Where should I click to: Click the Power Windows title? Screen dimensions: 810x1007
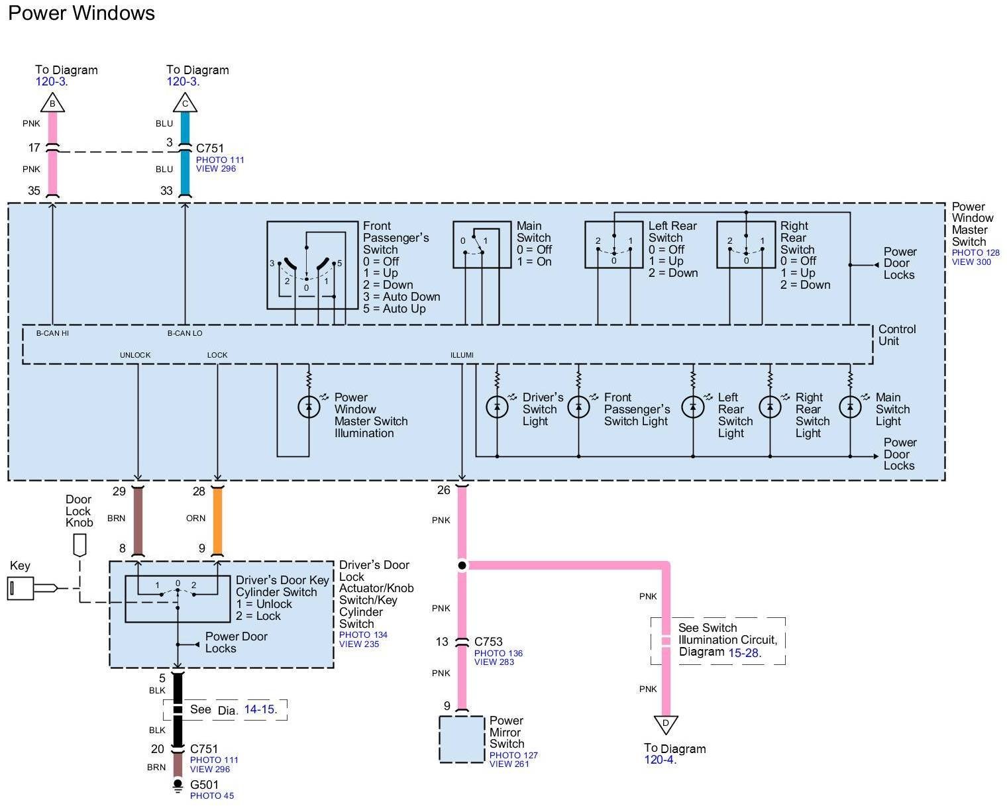tap(81, 13)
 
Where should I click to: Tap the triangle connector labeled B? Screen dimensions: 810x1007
tap(52, 103)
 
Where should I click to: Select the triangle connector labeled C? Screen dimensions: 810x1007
tap(185, 103)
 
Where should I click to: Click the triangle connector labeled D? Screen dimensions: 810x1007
tap(666, 724)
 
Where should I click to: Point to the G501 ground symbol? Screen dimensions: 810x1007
tap(178, 786)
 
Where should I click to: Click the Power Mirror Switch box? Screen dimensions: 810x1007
tap(462, 739)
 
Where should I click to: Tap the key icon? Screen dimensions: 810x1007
tap(21, 587)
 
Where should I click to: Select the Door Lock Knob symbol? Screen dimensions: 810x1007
tap(79, 546)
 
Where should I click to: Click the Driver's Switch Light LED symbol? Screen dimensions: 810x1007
tap(497, 407)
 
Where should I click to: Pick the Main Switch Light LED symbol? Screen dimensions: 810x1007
tap(850, 407)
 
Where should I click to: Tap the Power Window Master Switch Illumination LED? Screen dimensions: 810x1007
tap(309, 407)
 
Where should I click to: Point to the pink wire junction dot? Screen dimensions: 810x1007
tap(462, 565)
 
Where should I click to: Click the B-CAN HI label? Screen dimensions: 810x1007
tap(52, 333)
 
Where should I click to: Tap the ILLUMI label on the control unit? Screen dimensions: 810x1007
tap(462, 355)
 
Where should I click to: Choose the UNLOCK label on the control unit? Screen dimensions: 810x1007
tap(135, 355)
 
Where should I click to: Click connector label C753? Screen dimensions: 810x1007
tap(488, 642)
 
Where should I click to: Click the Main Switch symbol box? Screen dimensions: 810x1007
tap(482, 244)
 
